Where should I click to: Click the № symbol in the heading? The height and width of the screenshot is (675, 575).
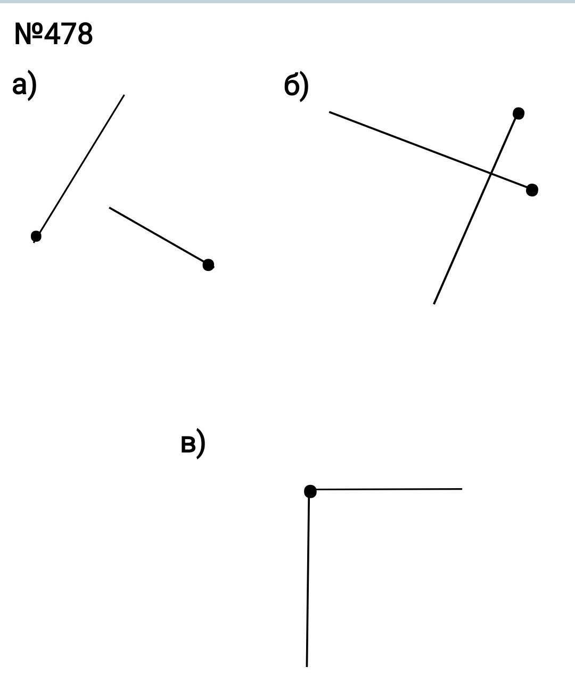tap(28, 35)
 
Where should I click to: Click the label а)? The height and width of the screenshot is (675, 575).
tap(24, 86)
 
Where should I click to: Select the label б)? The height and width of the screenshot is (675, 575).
tap(296, 86)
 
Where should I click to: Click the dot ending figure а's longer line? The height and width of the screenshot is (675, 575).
tap(36, 236)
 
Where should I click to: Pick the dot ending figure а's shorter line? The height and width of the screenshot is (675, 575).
tap(209, 265)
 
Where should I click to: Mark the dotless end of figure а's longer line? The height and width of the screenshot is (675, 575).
tap(124, 95)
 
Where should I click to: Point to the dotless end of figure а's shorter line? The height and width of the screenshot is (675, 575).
tap(110, 208)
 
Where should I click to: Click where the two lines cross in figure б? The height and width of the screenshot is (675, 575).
tap(490, 174)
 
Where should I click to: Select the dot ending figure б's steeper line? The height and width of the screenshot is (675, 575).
tap(519, 113)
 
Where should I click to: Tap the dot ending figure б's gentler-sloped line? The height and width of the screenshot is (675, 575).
tap(532, 190)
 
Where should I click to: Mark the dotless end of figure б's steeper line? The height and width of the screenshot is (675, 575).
tap(434, 303)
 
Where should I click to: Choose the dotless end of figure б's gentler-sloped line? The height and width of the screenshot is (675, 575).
tap(330, 112)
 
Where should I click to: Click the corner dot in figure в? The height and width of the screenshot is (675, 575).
tap(310, 491)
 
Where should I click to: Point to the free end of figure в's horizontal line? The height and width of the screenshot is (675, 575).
tap(461, 489)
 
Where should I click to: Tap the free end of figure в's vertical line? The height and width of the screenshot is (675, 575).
tap(307, 665)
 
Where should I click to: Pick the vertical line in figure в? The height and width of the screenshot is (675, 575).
tap(308, 580)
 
